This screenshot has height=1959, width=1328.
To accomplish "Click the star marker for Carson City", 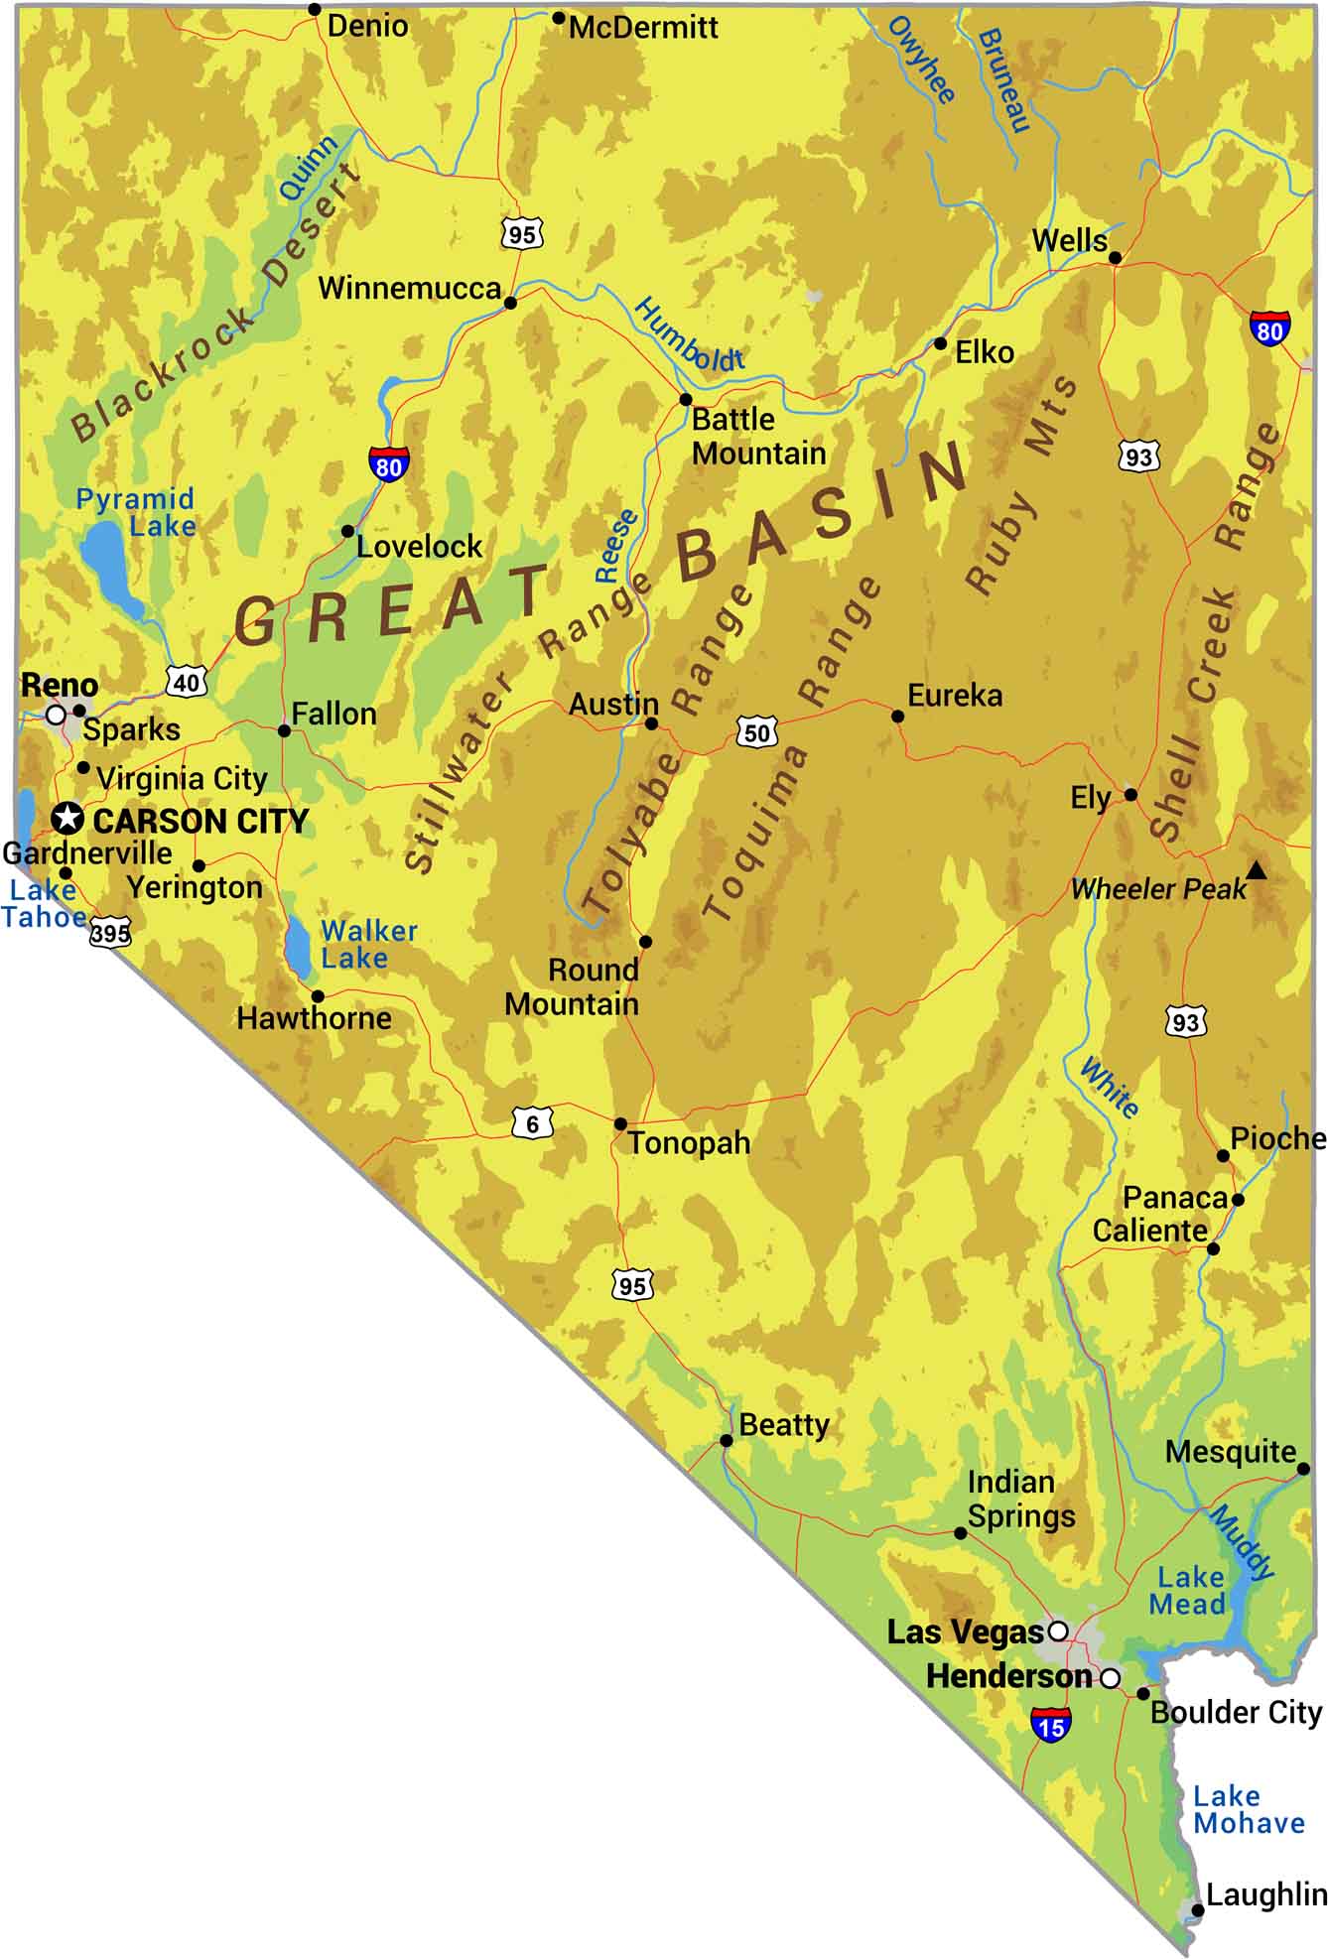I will [x=67, y=818].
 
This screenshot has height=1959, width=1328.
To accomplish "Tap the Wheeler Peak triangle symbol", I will [x=1257, y=871].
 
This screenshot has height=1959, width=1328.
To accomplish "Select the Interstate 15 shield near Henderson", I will [x=1050, y=1725].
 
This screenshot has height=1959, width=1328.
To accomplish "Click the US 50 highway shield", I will [x=756, y=733].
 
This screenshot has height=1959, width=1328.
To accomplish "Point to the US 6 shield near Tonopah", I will [x=533, y=1123].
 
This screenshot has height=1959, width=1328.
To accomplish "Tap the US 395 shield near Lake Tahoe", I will [x=109, y=933].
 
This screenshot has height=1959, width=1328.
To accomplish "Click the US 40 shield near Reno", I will [x=187, y=682].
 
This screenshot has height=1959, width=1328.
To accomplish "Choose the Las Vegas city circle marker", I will [x=1058, y=1631].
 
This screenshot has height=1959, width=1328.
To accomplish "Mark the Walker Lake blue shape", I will [x=297, y=946].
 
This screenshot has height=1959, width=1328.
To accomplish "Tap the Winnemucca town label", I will [x=409, y=289].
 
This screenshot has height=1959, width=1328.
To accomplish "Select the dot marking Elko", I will [x=940, y=343].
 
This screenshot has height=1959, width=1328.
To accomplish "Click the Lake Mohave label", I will [x=1248, y=1809].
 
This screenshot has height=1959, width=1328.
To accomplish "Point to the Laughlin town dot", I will [x=1198, y=1910].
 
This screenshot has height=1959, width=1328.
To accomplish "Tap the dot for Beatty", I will [x=727, y=1440].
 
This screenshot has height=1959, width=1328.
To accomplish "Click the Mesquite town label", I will [x=1231, y=1452].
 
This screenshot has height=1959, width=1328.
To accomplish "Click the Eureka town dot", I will [x=897, y=716].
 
